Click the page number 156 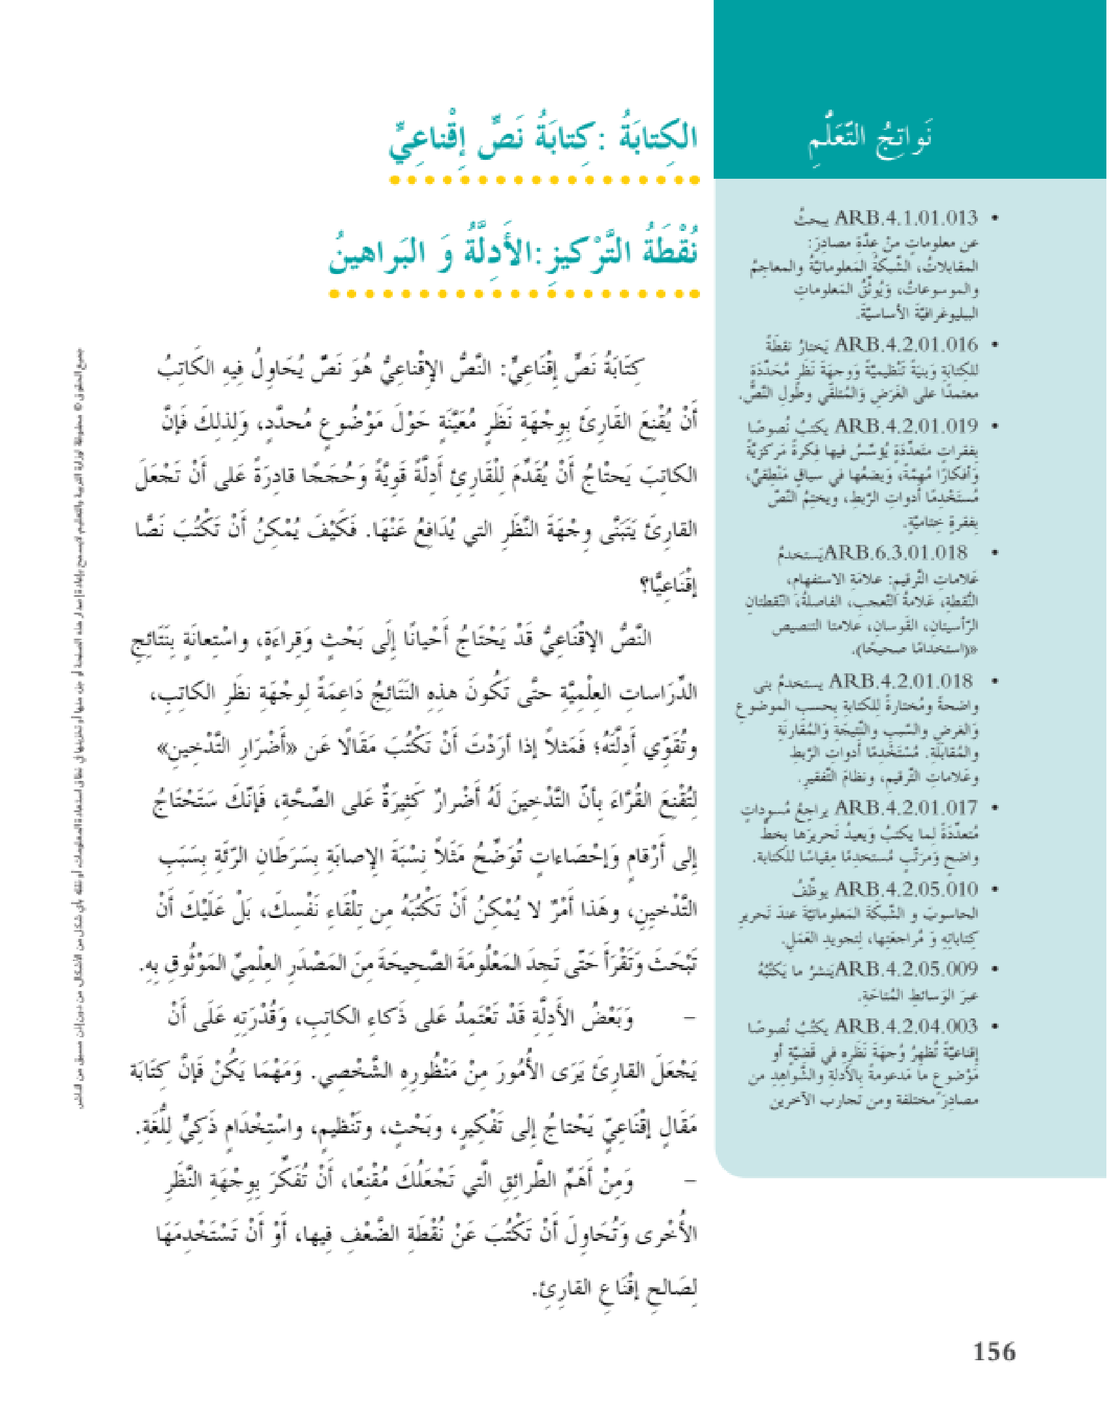994,1352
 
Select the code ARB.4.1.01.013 906,217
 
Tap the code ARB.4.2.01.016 906,344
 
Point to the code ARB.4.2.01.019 906,425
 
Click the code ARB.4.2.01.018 900,681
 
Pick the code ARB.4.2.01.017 906,808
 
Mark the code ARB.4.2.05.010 906,889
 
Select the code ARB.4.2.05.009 906,969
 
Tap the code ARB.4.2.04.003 906,1026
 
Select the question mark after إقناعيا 646,586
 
